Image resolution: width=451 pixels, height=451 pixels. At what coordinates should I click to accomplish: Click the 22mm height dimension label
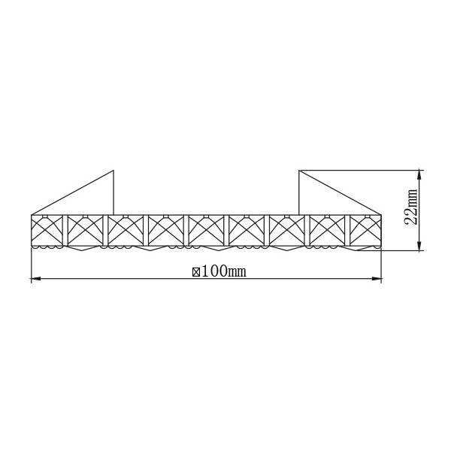click(410, 207)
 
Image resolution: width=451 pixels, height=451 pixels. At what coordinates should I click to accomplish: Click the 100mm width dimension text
click(224, 271)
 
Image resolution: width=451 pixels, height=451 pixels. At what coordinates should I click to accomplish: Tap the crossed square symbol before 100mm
click(196, 272)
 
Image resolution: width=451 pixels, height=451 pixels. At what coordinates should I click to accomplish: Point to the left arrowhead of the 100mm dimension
click(35, 278)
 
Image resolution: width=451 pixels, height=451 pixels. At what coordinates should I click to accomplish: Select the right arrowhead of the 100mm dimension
click(377, 278)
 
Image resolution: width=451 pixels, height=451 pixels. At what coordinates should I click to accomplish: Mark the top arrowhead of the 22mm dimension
click(419, 175)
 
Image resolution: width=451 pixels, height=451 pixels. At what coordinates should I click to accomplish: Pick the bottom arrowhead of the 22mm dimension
click(419, 246)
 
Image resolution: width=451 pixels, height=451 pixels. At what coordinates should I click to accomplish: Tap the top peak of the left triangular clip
click(114, 171)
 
